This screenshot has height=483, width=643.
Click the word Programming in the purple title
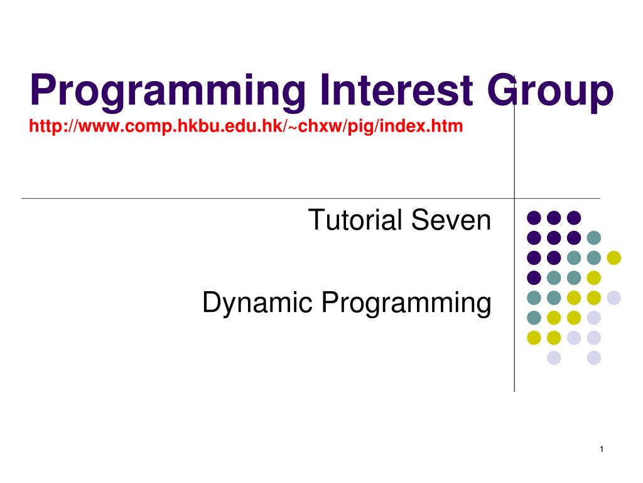pyautogui.click(x=168, y=92)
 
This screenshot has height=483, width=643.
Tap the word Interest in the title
pyautogui.click(x=397, y=89)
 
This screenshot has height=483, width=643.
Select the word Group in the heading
pyautogui.click(x=550, y=92)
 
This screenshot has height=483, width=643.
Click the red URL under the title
pyautogui.click(x=246, y=126)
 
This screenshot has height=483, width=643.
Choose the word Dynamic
pyautogui.click(x=257, y=303)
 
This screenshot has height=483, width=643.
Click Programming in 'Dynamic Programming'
pyautogui.click(x=406, y=303)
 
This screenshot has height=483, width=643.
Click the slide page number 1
pyautogui.click(x=602, y=449)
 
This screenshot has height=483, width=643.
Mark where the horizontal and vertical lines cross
pyautogui.click(x=514, y=198)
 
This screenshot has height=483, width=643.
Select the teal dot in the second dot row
pyautogui.click(x=594, y=238)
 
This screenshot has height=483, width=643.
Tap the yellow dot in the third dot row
pyautogui.click(x=614, y=258)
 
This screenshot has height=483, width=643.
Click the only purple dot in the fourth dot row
pyautogui.click(x=534, y=278)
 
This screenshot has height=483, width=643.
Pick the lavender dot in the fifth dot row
pyautogui.click(x=614, y=297)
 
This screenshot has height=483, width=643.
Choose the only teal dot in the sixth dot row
pyautogui.click(x=534, y=318)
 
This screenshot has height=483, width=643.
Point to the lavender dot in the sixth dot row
pyautogui.click(x=594, y=318)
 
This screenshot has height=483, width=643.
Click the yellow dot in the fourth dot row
pyautogui.click(x=594, y=278)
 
